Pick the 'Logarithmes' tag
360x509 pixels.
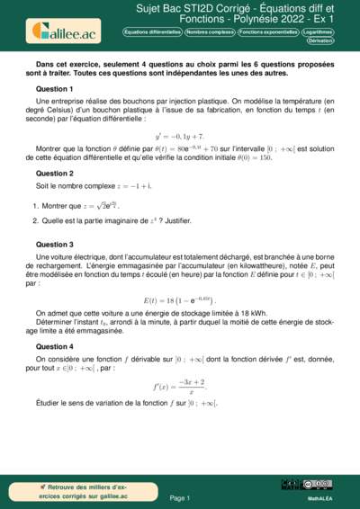tap(325, 31)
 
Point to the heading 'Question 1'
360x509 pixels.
tap(54, 90)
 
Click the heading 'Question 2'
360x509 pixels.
tap(54, 173)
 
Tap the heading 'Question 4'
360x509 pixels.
tap(54, 321)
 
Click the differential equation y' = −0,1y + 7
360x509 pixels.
tap(179, 134)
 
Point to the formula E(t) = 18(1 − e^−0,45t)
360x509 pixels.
tap(179, 273)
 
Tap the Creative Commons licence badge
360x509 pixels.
tap(319, 484)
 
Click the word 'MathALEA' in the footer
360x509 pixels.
tap(319, 497)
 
